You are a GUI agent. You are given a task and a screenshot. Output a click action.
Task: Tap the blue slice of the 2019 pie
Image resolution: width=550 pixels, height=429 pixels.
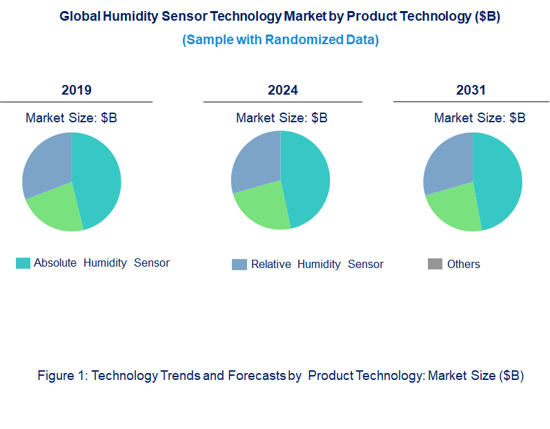click(x=47, y=164)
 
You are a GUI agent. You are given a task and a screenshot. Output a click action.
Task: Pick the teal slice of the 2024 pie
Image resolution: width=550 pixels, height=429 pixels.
click(x=306, y=178)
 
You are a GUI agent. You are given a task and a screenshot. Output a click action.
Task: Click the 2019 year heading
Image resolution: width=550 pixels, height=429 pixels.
click(x=76, y=90)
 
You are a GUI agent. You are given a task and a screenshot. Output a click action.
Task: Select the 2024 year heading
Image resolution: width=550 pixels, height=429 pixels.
click(x=283, y=90)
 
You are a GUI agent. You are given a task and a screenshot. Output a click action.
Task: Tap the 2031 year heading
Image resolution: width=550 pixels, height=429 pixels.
click(x=471, y=90)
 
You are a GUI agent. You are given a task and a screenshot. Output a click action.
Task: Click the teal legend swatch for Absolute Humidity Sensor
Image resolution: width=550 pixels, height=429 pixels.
click(x=23, y=263)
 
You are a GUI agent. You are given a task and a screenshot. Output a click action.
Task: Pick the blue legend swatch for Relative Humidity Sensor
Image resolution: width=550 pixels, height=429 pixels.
click(x=239, y=265)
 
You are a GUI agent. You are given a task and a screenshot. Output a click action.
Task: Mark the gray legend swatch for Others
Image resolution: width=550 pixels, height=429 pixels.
click(x=435, y=265)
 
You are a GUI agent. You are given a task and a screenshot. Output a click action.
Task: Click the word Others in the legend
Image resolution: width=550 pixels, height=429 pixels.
click(x=463, y=265)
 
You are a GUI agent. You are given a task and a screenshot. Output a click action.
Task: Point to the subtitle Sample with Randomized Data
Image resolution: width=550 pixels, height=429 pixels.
click(x=280, y=40)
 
